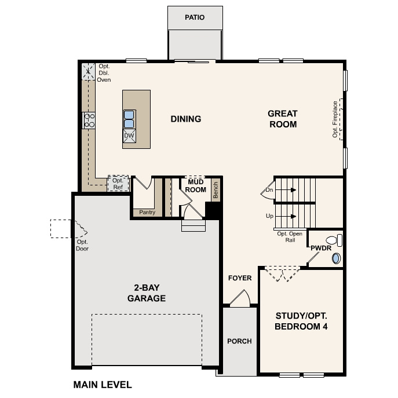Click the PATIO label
[195, 17]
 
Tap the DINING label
[185, 119]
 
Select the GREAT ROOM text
[282, 119]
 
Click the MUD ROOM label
[196, 185]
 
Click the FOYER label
[240, 278]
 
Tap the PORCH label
[239, 341]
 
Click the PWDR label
[320, 248]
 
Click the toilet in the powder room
[332, 239]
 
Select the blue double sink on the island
[129, 119]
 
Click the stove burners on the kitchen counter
[90, 120]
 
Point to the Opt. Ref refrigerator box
[118, 184]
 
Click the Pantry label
[147, 213]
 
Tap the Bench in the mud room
[216, 191]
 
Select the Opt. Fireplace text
[335, 119]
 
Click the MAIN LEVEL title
[103, 385]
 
